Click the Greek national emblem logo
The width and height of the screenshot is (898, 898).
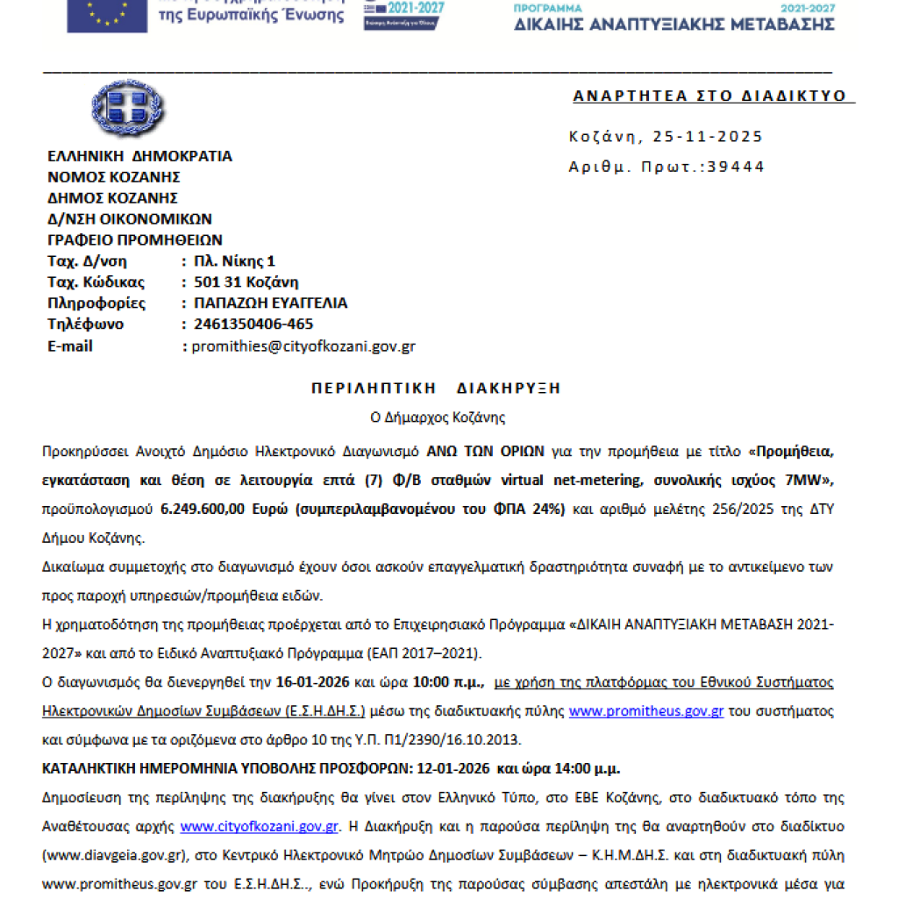click(x=127, y=110)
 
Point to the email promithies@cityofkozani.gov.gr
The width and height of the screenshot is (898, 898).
click(x=303, y=346)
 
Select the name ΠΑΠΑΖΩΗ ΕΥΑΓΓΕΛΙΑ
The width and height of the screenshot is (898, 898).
click(x=269, y=303)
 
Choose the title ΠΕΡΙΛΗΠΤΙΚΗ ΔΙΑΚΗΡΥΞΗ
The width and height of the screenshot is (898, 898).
click(x=436, y=388)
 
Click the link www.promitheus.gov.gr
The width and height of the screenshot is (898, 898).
click(x=646, y=711)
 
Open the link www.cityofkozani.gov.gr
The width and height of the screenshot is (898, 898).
click(x=260, y=826)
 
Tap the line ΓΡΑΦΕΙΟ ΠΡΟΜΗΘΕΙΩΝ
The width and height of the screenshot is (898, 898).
click(x=135, y=240)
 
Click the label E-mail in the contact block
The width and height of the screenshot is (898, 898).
click(x=70, y=346)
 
